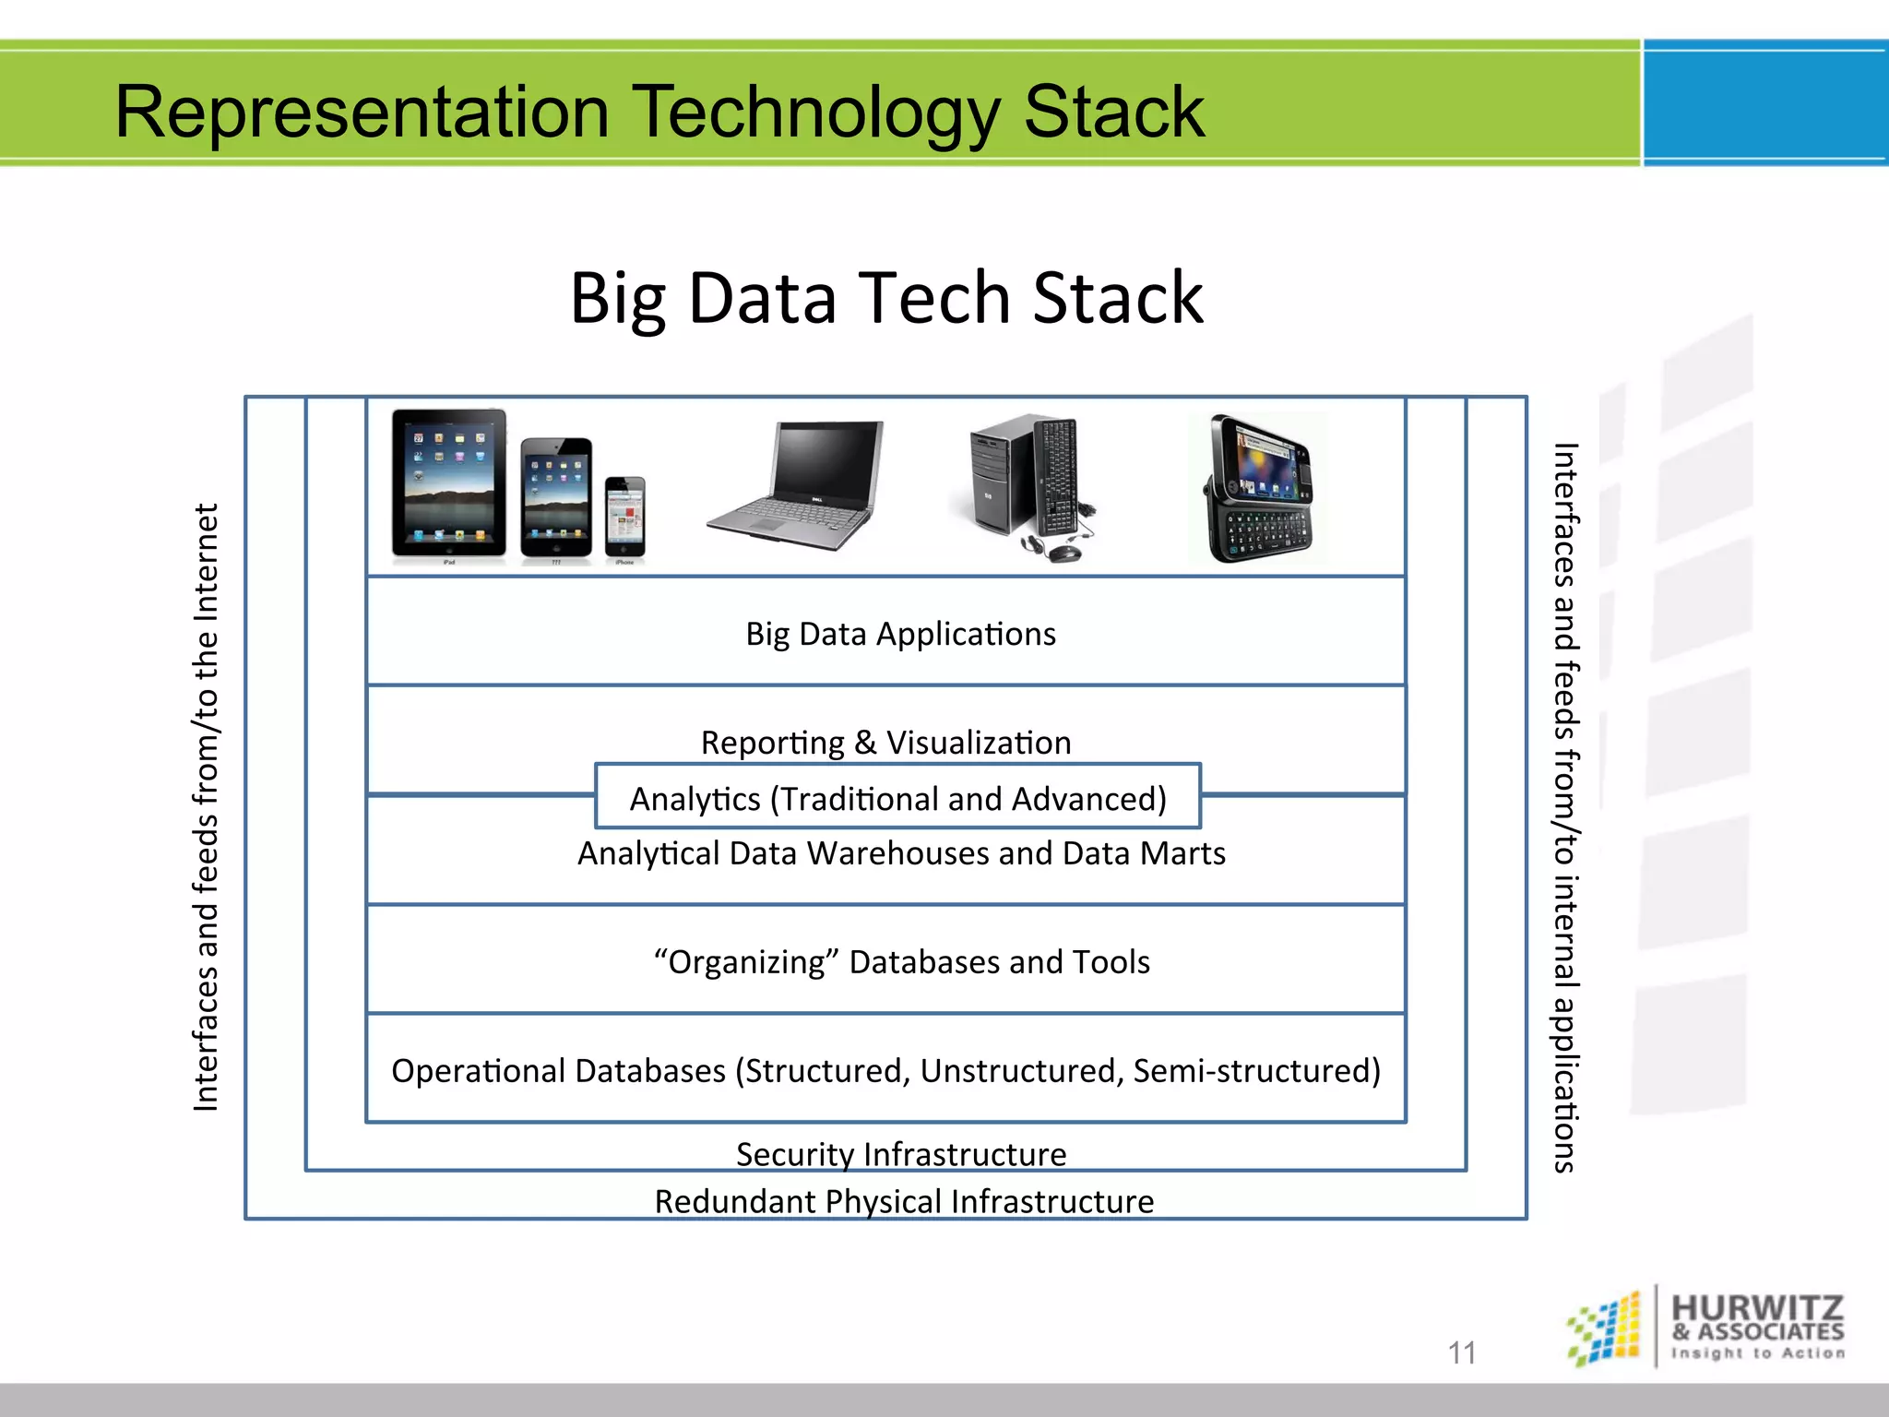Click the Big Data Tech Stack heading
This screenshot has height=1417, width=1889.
pyautogui.click(x=886, y=299)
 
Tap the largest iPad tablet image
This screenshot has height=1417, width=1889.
pyautogui.click(x=449, y=483)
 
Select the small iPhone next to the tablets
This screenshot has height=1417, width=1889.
pyautogui.click(x=625, y=517)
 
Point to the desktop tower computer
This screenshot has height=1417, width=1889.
pyautogui.click(x=996, y=480)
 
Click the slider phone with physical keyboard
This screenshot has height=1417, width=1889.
pyautogui.click(x=1260, y=489)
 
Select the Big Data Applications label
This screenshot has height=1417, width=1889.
pyautogui.click(x=900, y=635)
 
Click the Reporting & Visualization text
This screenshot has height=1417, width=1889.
pyautogui.click(x=885, y=743)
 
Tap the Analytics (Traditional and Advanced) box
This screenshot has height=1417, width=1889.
pyautogui.click(x=897, y=798)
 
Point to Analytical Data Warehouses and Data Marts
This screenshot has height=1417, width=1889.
pyautogui.click(x=901, y=853)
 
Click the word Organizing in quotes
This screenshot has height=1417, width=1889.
pyautogui.click(x=746, y=962)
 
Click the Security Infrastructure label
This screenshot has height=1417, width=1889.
pyautogui.click(x=901, y=1154)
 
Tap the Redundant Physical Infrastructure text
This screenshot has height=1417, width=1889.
pyautogui.click(x=904, y=1202)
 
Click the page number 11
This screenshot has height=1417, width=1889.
pyautogui.click(x=1462, y=1352)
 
